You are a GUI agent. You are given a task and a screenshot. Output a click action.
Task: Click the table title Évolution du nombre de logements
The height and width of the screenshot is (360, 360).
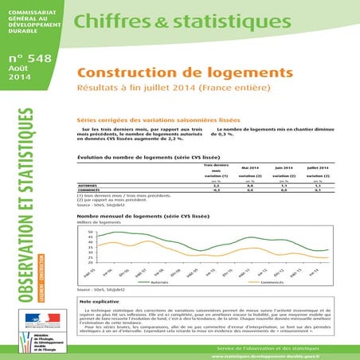[x=148, y=158]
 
